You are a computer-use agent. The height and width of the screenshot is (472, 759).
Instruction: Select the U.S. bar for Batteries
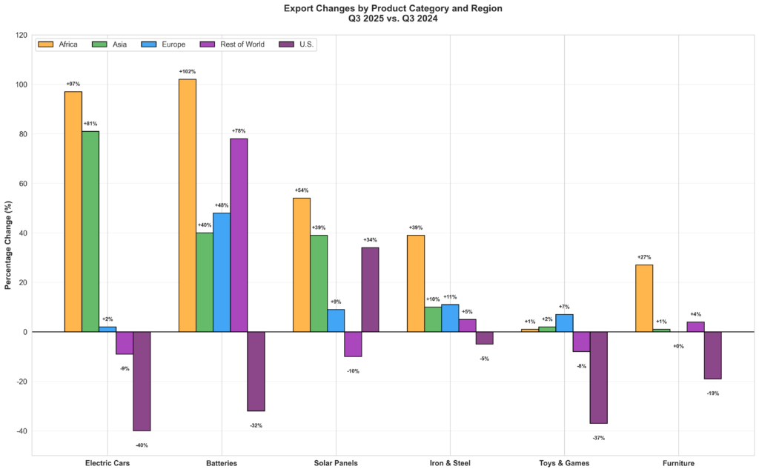tap(256, 371)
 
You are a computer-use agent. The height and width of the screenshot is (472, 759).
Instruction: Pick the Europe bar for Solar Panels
tap(336, 320)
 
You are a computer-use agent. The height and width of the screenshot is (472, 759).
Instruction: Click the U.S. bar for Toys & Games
tap(599, 377)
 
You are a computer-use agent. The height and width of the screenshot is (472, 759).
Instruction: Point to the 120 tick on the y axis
tap(21, 36)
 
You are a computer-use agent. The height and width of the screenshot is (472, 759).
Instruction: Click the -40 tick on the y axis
tap(21, 431)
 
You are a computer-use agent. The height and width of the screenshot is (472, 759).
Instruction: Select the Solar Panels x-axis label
tap(336, 463)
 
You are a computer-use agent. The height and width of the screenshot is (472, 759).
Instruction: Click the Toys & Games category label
tap(565, 463)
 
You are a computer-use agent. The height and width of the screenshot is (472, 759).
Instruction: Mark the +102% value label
tap(188, 72)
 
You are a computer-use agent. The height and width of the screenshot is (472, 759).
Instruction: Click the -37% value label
tap(599, 438)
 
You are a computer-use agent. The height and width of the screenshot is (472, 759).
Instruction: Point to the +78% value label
tap(239, 131)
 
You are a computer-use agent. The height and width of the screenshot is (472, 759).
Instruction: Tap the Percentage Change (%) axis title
tap(8, 245)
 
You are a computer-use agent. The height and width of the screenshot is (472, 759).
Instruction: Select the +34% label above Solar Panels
tap(370, 240)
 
